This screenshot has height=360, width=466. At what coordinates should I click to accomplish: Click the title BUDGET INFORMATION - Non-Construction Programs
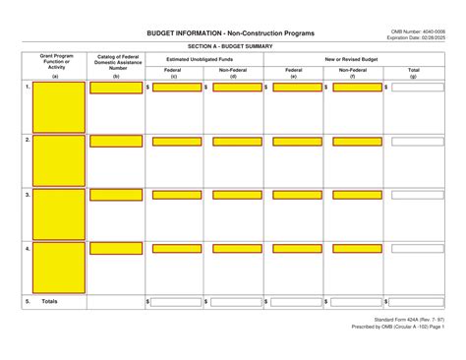coord(231,34)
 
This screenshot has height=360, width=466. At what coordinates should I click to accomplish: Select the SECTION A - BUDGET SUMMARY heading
coord(232,47)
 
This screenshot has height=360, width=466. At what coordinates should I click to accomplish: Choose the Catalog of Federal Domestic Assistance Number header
coord(116,66)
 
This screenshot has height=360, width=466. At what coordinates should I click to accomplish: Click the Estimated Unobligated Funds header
coord(204,60)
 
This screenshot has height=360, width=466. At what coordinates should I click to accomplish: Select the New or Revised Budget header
coord(353,60)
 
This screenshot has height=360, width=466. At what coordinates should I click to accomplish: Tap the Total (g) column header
coord(413,73)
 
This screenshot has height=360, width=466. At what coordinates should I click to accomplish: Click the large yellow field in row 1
coord(59,107)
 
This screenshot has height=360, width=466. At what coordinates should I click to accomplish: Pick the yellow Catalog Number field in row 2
coord(116,142)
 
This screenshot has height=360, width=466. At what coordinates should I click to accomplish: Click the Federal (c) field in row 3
coord(177,195)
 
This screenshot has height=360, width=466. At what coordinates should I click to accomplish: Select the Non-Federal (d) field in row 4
coord(236,249)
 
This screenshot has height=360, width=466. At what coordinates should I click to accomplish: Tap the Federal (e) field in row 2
coord(296,142)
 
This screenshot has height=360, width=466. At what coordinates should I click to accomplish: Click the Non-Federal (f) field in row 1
coord(356,88)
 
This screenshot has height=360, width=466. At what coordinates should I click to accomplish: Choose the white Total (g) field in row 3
coord(417,195)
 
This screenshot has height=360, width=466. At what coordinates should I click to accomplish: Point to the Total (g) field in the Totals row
coord(417,301)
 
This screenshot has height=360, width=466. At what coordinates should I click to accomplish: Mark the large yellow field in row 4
coord(59,267)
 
